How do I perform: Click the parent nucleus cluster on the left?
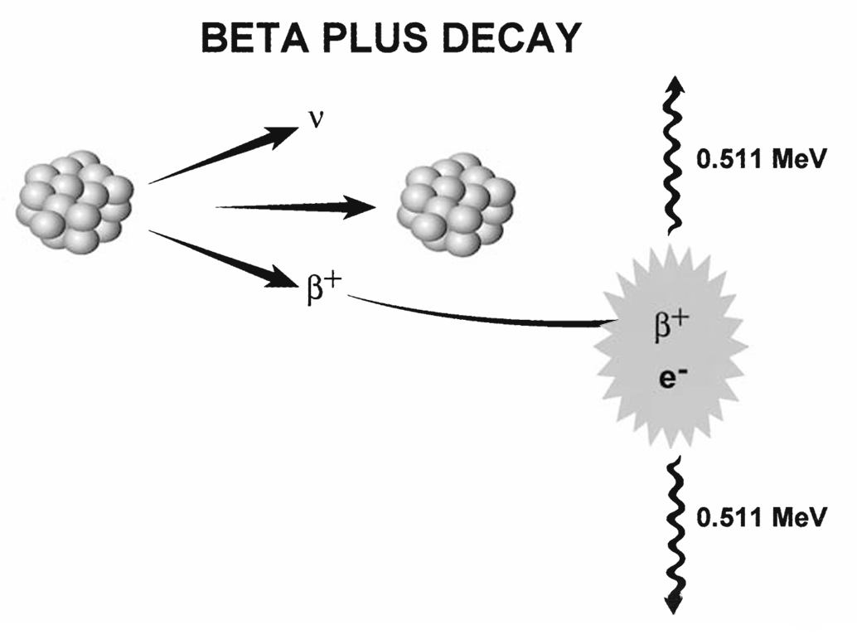point(75,202)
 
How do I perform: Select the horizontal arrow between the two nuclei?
point(298,207)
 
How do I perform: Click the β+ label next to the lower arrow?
point(324,290)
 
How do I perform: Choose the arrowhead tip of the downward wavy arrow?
point(676,611)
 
